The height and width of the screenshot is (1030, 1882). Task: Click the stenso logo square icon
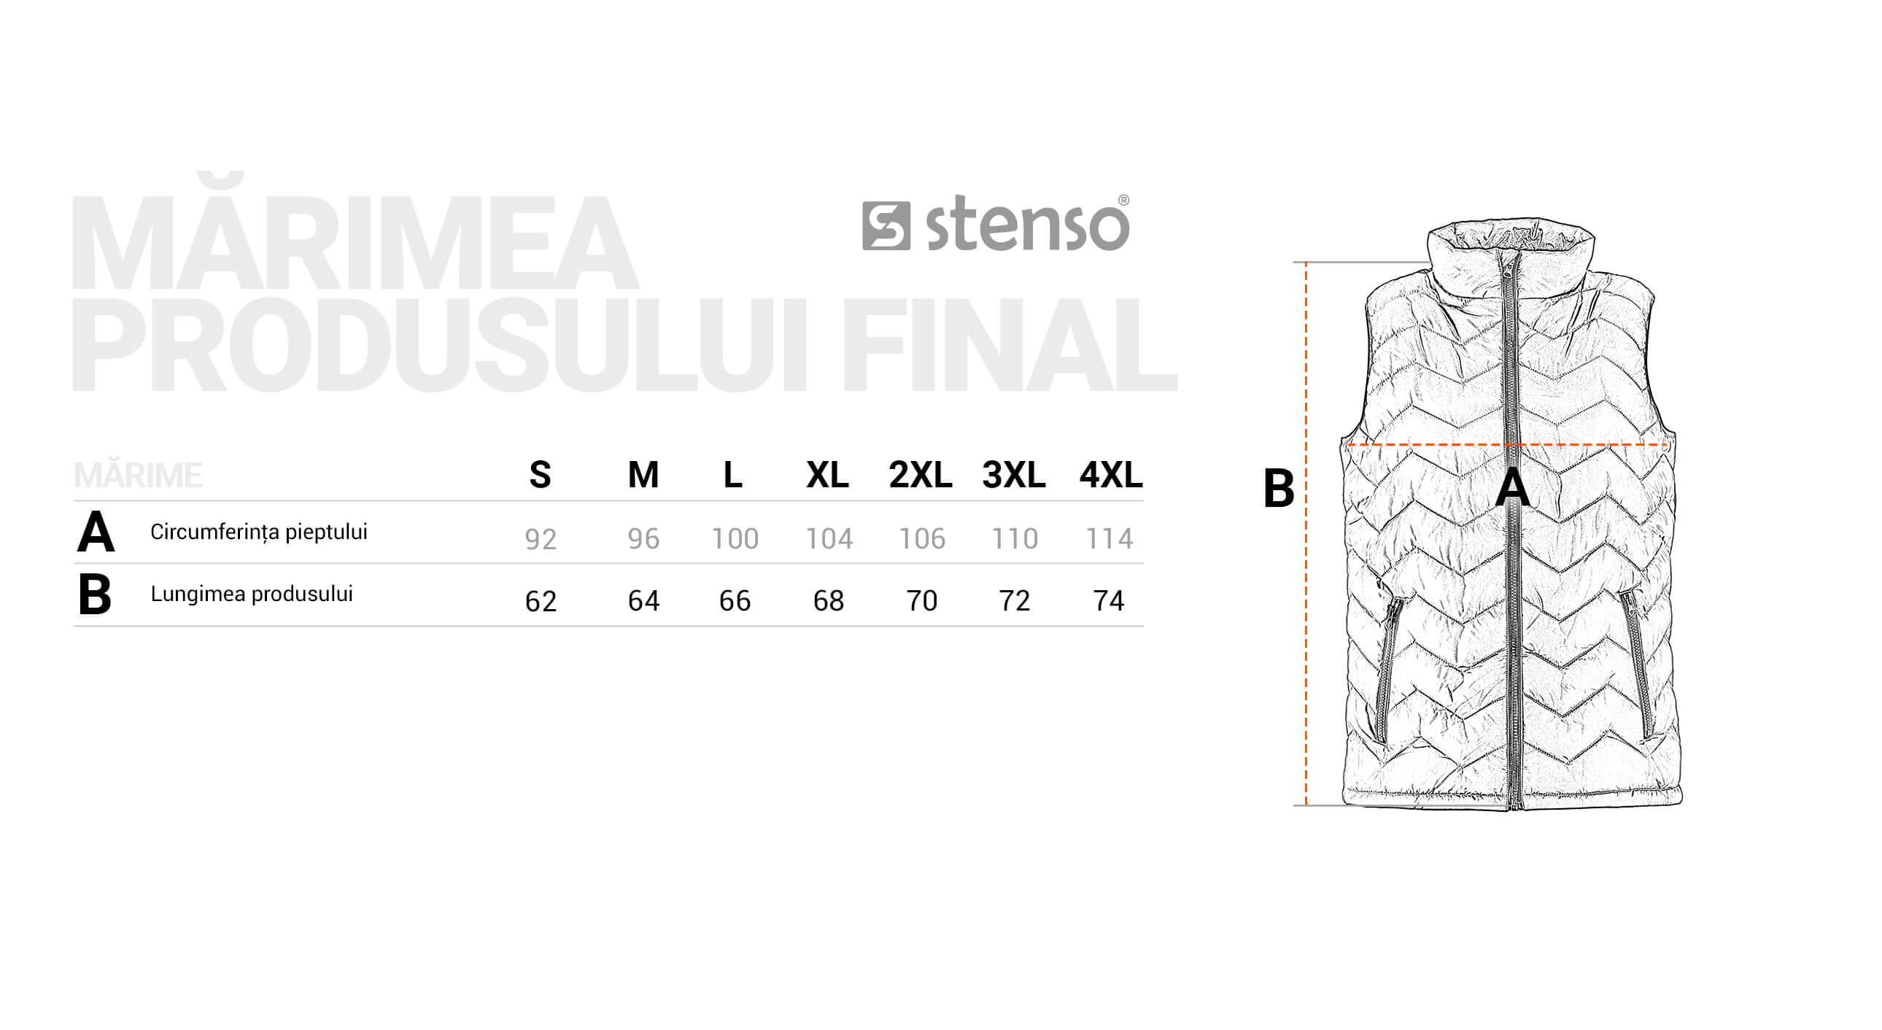point(886,225)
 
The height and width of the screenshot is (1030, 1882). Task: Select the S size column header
point(540,475)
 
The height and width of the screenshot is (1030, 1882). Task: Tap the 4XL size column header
point(1110,475)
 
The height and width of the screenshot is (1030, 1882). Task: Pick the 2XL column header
point(920,475)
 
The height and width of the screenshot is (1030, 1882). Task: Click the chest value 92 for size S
point(541,539)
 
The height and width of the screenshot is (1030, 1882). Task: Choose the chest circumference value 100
point(735,539)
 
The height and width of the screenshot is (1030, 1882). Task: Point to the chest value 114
point(1109,539)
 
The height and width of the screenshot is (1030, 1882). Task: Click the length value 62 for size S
point(541,601)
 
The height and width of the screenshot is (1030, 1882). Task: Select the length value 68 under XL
point(829,601)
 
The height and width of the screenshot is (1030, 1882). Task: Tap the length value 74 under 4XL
point(1108,601)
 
